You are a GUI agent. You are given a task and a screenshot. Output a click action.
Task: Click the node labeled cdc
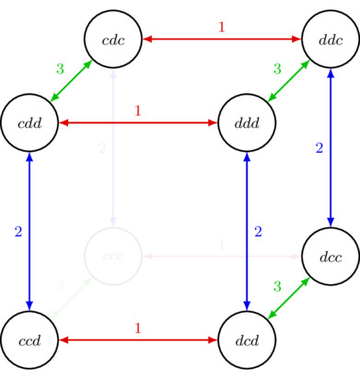click(x=112, y=39)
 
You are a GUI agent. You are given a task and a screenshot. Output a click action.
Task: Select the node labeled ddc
click(x=331, y=39)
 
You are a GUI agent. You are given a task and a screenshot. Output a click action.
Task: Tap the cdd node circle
click(x=30, y=122)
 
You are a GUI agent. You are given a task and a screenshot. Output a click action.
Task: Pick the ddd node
click(x=248, y=122)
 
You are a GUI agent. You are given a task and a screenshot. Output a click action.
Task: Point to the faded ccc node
click(x=112, y=255)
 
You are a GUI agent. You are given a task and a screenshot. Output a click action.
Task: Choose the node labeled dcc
click(x=331, y=255)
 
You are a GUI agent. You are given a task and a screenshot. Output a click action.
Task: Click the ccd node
click(x=30, y=339)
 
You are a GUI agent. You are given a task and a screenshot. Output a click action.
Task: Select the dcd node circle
click(x=248, y=339)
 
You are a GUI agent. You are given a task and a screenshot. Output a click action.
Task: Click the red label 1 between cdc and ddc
click(x=221, y=27)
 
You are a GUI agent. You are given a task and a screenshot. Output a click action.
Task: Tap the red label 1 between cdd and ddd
click(x=138, y=110)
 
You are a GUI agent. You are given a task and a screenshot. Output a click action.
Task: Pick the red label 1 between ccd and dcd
click(x=138, y=327)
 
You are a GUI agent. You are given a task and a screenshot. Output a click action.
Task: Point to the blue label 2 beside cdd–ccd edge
click(x=17, y=231)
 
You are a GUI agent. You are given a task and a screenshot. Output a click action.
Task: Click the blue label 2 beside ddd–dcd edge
click(x=259, y=231)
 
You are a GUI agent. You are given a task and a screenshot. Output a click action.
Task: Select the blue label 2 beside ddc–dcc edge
click(x=319, y=147)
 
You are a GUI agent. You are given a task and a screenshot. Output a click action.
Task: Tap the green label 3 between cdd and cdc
click(x=60, y=69)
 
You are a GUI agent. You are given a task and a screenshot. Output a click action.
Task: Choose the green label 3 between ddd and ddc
click(x=276, y=69)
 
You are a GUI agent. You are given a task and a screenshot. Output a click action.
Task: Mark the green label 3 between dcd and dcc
click(x=276, y=286)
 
